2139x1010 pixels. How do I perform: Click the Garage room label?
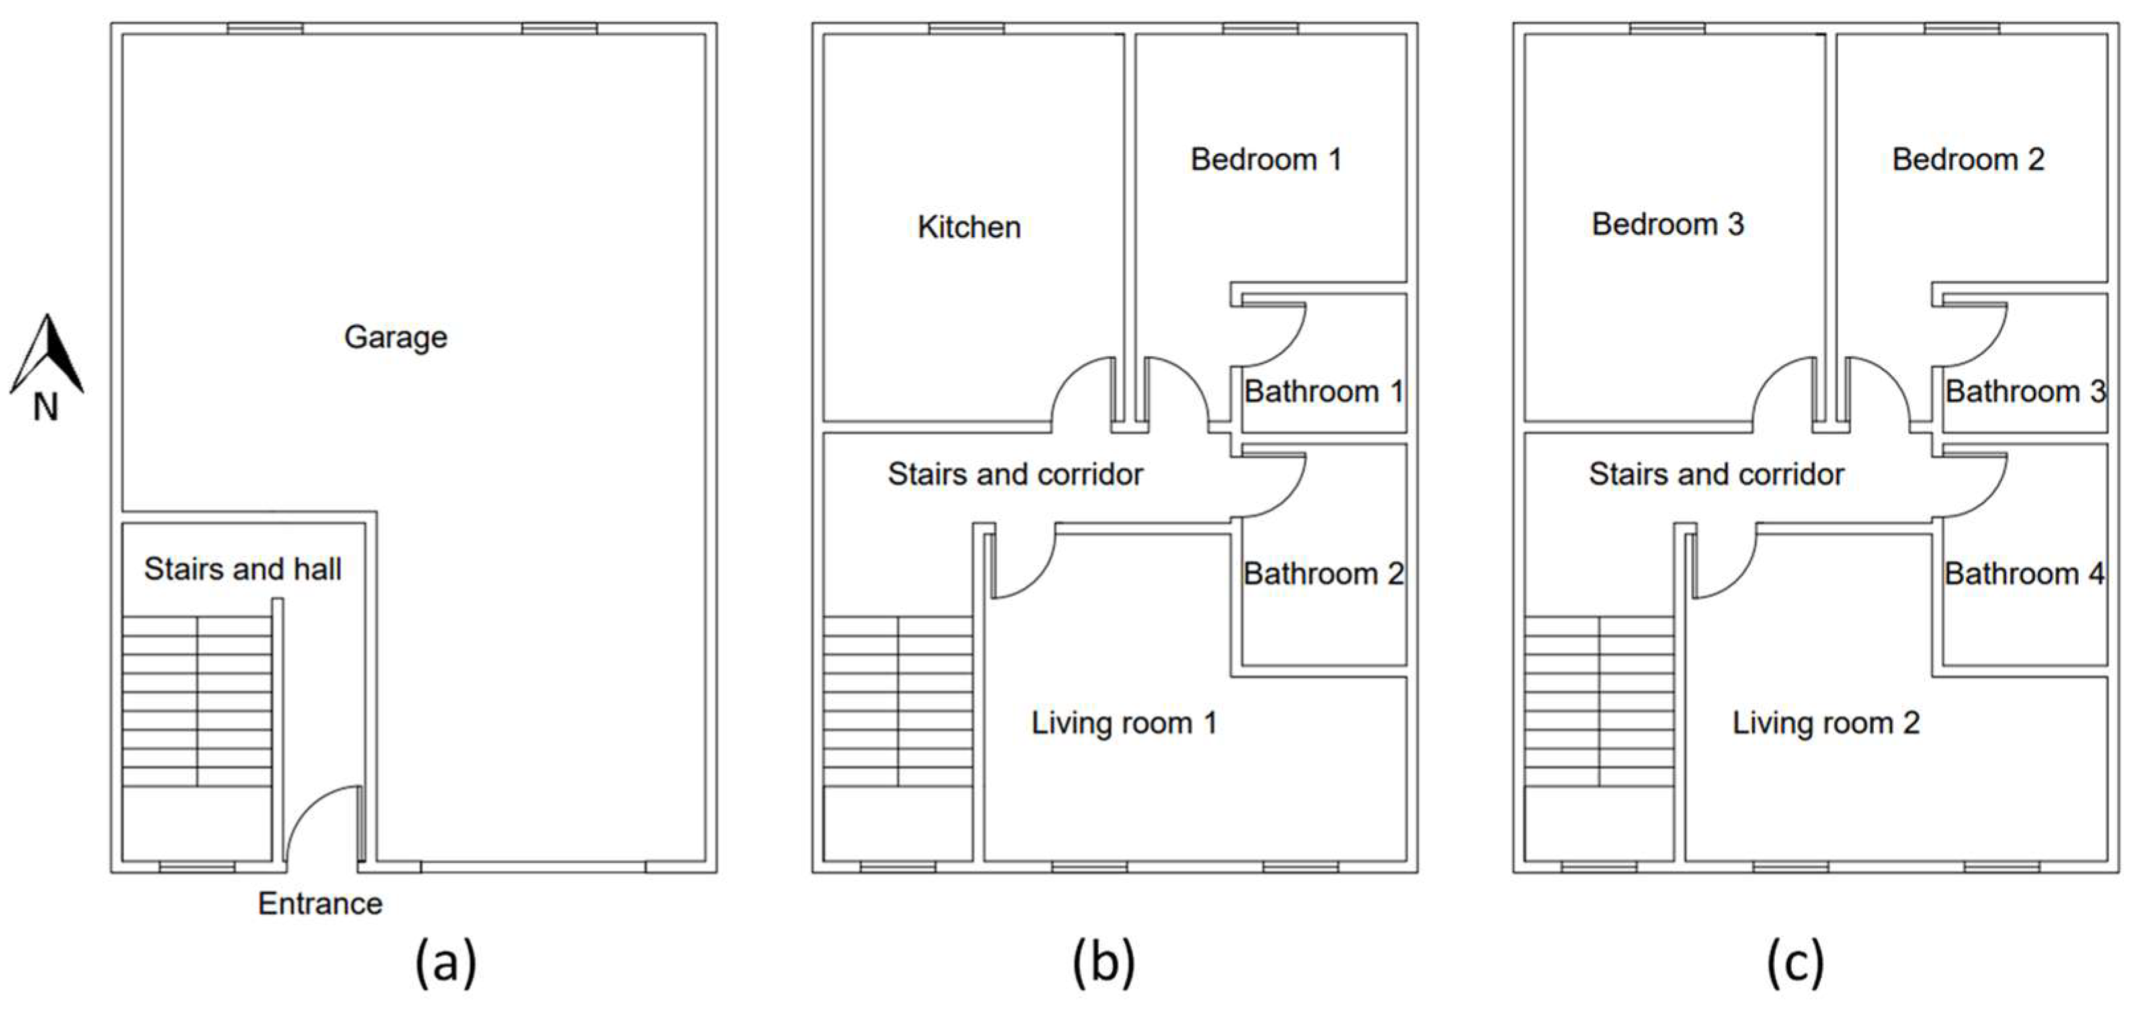coord(395,338)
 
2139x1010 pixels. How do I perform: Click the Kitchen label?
coord(969,227)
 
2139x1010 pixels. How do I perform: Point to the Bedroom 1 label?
coord(1266,159)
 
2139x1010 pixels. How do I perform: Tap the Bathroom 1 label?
coord(1324,392)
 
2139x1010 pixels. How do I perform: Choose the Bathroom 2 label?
coord(1324,574)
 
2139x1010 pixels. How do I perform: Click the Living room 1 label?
coord(1123,723)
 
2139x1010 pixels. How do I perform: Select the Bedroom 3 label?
coord(1668,224)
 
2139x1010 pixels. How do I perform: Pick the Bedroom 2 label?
coord(1968,159)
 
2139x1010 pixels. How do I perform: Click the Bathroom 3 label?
coord(2025,392)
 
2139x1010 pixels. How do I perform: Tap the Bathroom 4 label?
coord(2025,574)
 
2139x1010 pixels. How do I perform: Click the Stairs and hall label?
coord(243,568)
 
